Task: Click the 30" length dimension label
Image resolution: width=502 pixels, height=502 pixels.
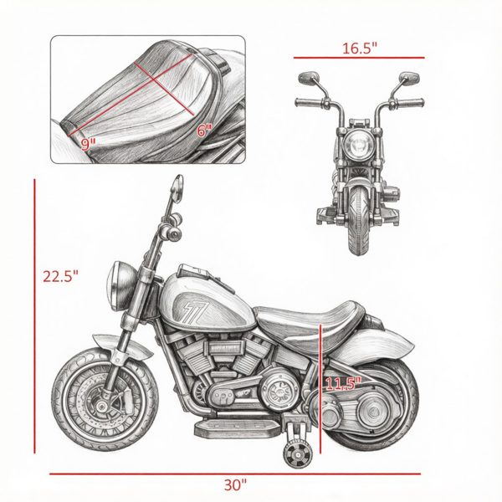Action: pos(235,485)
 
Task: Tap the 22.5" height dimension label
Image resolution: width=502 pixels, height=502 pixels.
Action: pos(60,276)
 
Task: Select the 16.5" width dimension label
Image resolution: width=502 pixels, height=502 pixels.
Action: pos(360,49)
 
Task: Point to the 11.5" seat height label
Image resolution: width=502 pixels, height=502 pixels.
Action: pos(343,383)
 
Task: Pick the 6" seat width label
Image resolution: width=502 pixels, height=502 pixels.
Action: pos(204,131)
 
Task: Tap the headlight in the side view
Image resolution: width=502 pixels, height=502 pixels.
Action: pos(119,285)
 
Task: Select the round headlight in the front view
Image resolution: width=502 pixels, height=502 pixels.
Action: pos(356,145)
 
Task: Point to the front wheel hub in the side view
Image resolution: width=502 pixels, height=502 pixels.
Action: pos(102,407)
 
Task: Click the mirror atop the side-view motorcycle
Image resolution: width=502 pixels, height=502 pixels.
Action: pos(177,188)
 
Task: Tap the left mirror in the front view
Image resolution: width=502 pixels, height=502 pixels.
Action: pos(309,78)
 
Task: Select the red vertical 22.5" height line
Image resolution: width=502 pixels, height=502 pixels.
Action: pos(34,316)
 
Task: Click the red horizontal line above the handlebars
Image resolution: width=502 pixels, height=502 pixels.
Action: pos(359,58)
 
